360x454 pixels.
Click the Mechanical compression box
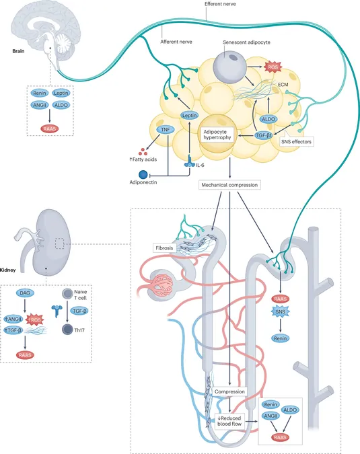[229, 185]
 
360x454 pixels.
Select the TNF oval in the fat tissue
[166, 130]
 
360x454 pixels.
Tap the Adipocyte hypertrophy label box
[217, 135]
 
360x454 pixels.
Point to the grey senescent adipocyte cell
[230, 67]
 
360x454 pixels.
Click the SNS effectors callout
[296, 142]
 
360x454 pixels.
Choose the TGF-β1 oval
[264, 135]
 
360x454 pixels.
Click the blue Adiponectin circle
[143, 175]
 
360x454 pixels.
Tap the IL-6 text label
[200, 165]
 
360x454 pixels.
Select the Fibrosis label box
[164, 248]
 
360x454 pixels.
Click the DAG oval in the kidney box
[25, 293]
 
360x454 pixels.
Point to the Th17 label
[79, 330]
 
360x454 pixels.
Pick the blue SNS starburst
[280, 312]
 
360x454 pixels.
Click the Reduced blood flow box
[229, 421]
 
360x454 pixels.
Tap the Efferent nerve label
[220, 4]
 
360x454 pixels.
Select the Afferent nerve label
[176, 42]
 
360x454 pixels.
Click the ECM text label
[283, 85]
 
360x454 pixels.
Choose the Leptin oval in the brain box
[61, 93]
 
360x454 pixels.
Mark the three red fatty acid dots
[143, 151]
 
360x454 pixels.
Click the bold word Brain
[18, 51]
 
